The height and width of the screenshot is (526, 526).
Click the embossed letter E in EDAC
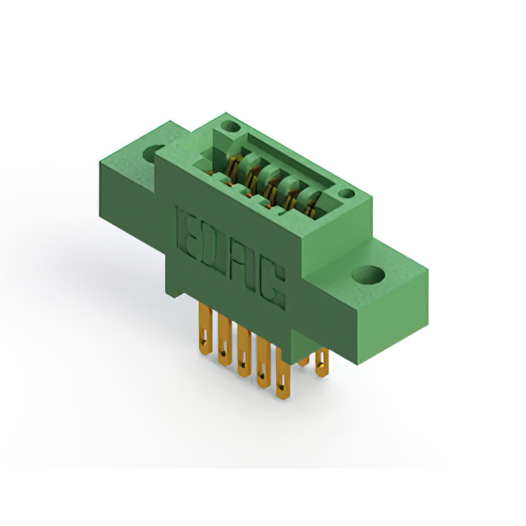point(188,233)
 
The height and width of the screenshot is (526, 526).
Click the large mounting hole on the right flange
point(369,275)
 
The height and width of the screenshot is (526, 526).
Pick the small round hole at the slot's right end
point(346,194)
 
